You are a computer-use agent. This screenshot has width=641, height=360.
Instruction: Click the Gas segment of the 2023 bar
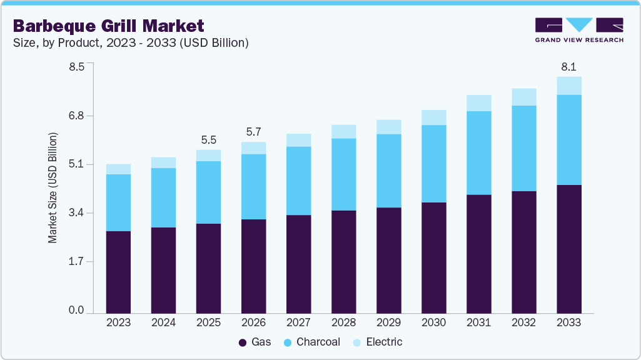point(118,272)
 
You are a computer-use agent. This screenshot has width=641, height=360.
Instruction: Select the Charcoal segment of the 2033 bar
point(569,139)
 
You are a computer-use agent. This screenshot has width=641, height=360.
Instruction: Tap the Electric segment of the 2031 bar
point(479,103)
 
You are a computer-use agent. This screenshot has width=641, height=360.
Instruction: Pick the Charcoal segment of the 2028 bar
point(343,174)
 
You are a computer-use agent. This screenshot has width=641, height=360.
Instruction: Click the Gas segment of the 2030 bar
point(433,257)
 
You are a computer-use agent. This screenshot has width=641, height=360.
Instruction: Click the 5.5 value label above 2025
point(208,139)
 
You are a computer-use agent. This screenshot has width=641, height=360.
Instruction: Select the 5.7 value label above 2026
point(253,132)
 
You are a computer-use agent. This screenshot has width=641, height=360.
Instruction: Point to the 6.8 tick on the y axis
point(76,116)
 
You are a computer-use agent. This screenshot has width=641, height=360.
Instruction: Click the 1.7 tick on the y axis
point(76,262)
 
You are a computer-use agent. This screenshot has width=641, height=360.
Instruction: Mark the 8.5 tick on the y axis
point(76,66)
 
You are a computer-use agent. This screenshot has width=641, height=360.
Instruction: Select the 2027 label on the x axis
point(298,322)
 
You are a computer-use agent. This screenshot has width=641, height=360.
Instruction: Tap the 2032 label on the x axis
point(524,322)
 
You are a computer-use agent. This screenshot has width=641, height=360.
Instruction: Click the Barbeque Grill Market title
point(108,26)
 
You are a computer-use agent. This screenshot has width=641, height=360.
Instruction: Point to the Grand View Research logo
point(579,30)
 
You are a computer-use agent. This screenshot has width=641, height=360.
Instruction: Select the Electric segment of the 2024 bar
point(163,162)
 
